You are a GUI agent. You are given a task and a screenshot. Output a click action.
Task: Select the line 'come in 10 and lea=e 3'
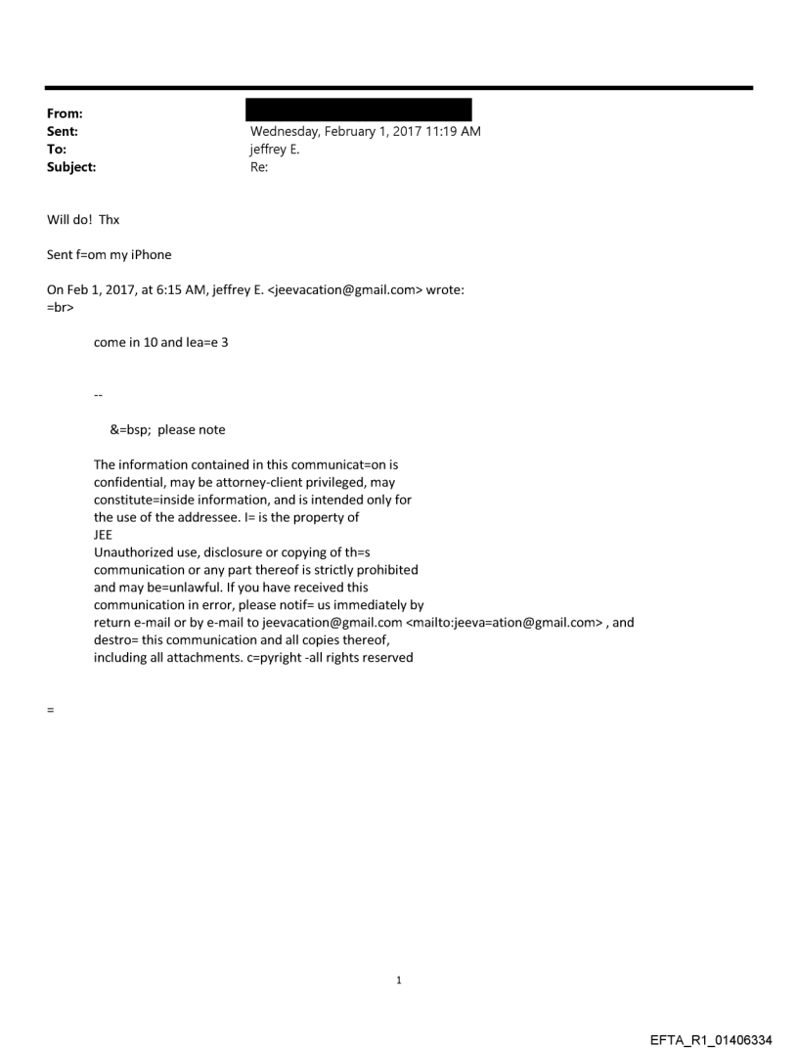(x=160, y=343)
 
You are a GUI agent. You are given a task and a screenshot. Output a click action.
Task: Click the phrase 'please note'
(x=192, y=429)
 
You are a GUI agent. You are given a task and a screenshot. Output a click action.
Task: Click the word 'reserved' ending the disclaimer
(x=385, y=657)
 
